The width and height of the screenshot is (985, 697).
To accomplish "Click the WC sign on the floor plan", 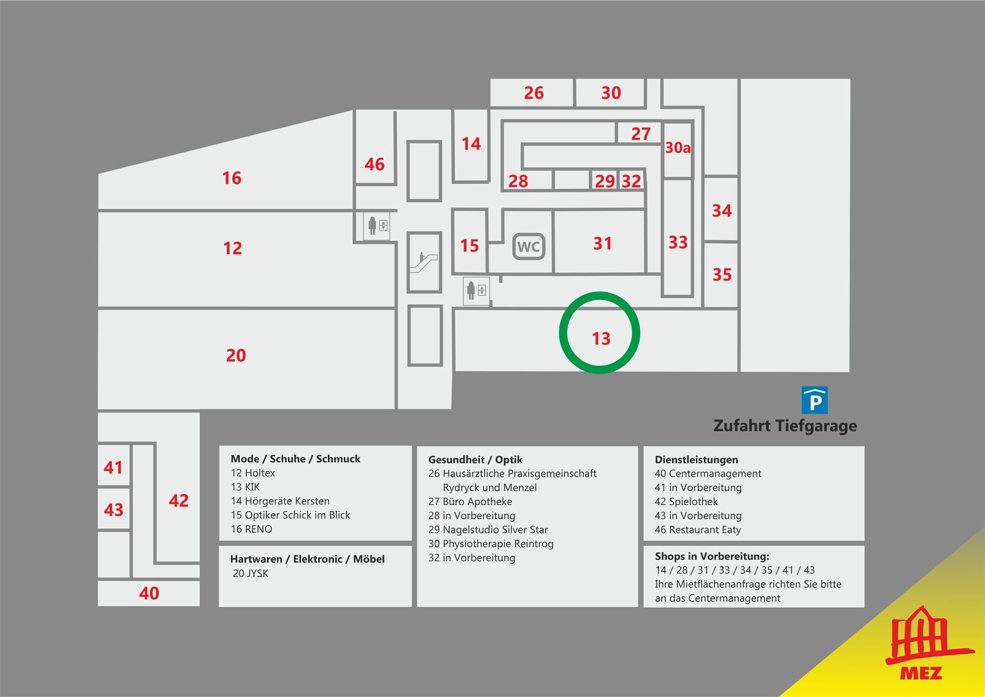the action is [x=528, y=247].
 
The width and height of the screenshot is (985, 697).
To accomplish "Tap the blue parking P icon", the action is [x=815, y=400].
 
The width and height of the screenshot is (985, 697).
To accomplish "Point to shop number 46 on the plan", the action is [x=375, y=164].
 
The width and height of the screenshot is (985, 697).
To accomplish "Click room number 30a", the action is [x=678, y=148].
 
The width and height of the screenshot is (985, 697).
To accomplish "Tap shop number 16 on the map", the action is [x=231, y=178].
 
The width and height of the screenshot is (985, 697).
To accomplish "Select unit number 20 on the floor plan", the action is [x=236, y=355].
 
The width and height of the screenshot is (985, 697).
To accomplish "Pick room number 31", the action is [x=603, y=243].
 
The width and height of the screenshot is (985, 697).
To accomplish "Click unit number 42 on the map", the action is [x=179, y=500].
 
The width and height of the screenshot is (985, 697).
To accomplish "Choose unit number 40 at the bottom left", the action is [x=149, y=593].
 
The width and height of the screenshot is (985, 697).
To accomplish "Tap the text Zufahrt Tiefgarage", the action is [x=785, y=426].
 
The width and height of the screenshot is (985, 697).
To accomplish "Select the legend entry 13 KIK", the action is [x=245, y=487].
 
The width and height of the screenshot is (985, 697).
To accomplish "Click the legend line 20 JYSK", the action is [x=250, y=573].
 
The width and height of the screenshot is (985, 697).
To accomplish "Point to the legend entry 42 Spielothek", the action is [x=686, y=501].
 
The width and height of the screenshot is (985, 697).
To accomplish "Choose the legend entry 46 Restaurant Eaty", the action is [x=698, y=530].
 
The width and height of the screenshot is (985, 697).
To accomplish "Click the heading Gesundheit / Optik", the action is [x=476, y=460].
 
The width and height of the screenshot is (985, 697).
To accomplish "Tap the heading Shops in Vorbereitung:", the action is [x=712, y=556].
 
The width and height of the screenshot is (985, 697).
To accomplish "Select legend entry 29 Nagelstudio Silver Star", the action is [x=488, y=530].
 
